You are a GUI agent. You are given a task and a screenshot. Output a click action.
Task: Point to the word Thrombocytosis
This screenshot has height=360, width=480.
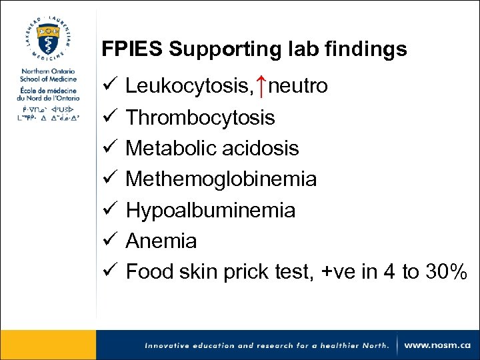[x=200, y=117]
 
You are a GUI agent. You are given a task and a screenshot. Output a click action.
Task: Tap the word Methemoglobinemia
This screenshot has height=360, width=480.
[x=221, y=179]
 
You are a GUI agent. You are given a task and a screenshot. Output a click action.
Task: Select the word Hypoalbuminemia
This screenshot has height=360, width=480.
[x=210, y=210]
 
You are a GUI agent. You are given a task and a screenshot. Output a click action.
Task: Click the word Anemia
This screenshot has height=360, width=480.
[x=161, y=240]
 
